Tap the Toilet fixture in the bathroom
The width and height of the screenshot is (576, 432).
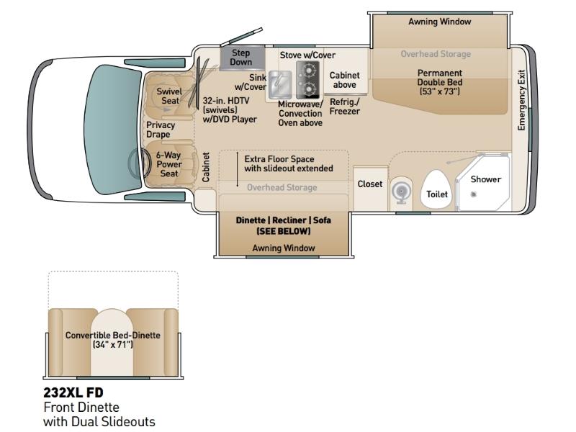pos(437,189)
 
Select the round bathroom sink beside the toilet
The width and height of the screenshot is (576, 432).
pos(401,192)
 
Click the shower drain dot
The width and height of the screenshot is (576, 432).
pos(474,194)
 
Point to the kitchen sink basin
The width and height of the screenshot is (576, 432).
pos(280,85)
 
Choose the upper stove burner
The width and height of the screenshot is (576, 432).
pos(308,70)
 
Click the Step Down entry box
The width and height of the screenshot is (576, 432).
pos(242,58)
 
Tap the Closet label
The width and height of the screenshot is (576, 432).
pos(370,184)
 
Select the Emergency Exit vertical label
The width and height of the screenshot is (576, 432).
pos(521,100)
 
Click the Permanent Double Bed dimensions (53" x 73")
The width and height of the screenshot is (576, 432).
pos(439,91)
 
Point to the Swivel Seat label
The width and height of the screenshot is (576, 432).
pos(169,96)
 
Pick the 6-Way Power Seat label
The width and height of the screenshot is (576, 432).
pos(168,164)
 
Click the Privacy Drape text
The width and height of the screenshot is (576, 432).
pos(161,130)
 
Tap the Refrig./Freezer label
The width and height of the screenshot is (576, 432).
pos(345,107)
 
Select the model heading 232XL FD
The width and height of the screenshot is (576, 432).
pos(73,392)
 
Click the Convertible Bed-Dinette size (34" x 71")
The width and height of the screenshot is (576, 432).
pos(112,345)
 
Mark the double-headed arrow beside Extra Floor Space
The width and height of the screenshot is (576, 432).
pos(238,169)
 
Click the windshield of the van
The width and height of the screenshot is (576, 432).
pos(113,130)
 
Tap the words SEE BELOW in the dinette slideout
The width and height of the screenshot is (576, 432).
pos(283,231)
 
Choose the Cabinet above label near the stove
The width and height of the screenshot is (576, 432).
pos(345,80)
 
